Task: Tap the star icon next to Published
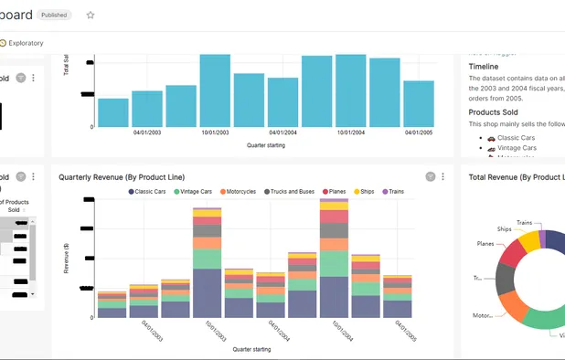click(90, 15)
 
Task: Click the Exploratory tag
click(25, 43)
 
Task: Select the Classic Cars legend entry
click(149, 191)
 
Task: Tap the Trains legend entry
click(393, 191)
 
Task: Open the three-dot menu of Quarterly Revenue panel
click(443, 176)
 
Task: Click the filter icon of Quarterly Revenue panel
click(430, 176)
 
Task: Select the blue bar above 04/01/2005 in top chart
click(418, 103)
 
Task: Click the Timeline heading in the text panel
click(484, 67)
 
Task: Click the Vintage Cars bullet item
click(517, 148)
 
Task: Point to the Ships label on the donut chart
click(504, 229)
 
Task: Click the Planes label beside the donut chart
click(486, 244)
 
